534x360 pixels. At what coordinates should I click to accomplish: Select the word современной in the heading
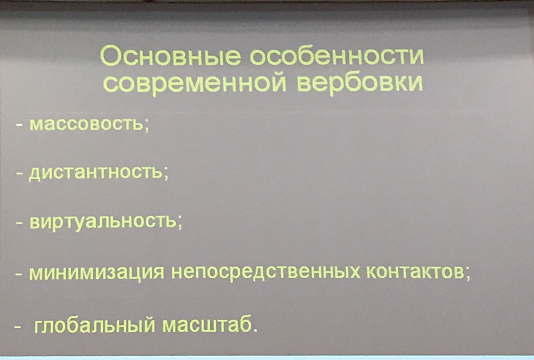[195, 83]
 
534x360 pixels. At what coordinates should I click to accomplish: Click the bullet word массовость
[87, 124]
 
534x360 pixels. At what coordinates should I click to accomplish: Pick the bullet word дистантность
[95, 173]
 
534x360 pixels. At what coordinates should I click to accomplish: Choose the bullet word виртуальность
[103, 222]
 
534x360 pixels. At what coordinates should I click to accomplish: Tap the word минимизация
[97, 273]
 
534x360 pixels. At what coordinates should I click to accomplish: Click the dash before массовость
[19, 125]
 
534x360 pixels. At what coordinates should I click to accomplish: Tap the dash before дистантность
[19, 174]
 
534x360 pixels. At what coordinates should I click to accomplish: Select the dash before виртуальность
[19, 223]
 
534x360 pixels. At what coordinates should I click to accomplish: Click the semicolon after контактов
[468, 274]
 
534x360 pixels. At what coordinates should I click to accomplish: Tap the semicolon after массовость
[147, 126]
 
